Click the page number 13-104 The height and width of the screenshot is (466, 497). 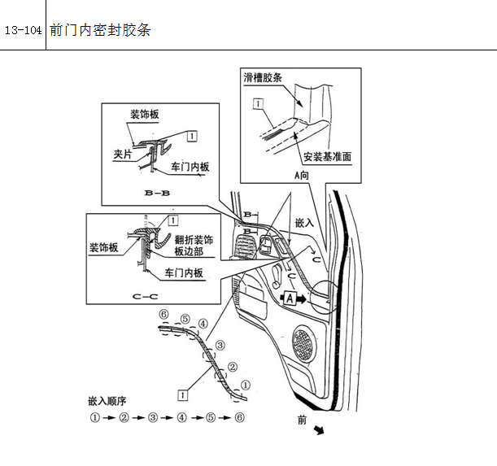(23, 30)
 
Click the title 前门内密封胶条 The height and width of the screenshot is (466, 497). (100, 30)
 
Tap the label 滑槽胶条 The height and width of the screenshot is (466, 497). (263, 78)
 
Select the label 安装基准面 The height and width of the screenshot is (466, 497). (328, 157)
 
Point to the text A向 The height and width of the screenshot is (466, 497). (302, 176)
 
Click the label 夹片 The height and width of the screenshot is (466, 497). (123, 155)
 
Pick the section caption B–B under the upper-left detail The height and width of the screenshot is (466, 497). (157, 193)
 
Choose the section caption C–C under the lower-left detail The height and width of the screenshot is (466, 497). (145, 297)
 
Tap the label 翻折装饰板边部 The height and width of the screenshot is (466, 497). (194, 246)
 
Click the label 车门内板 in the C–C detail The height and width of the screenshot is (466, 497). (184, 272)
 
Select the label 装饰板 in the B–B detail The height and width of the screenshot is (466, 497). (145, 114)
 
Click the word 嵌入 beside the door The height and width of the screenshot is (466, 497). (304, 223)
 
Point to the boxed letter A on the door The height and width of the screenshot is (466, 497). (290, 298)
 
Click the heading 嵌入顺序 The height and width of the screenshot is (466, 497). (107, 401)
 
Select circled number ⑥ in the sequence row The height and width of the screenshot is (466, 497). (240, 417)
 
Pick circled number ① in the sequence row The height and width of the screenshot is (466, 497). (95, 417)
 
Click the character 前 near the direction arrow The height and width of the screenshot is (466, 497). (302, 420)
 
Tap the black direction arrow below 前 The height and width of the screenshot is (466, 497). (319, 430)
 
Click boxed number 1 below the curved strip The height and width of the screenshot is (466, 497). (182, 395)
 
